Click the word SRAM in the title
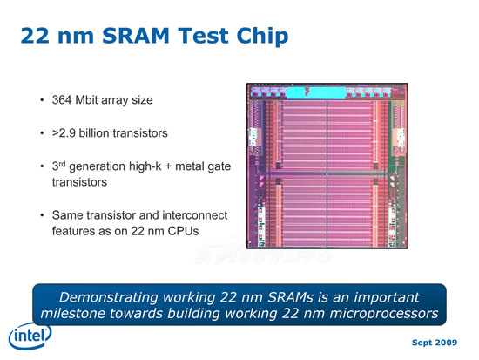(135, 36)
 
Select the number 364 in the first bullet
(62, 100)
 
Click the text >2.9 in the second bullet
(64, 133)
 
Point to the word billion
(94, 133)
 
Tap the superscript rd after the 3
(62, 164)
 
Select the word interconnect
(194, 215)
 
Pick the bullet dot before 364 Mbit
(42, 100)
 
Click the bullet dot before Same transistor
(42, 215)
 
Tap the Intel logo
(30, 336)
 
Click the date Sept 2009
(435, 343)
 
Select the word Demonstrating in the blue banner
(109, 297)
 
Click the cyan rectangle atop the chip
(316, 92)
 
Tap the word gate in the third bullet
(219, 167)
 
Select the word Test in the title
(203, 36)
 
